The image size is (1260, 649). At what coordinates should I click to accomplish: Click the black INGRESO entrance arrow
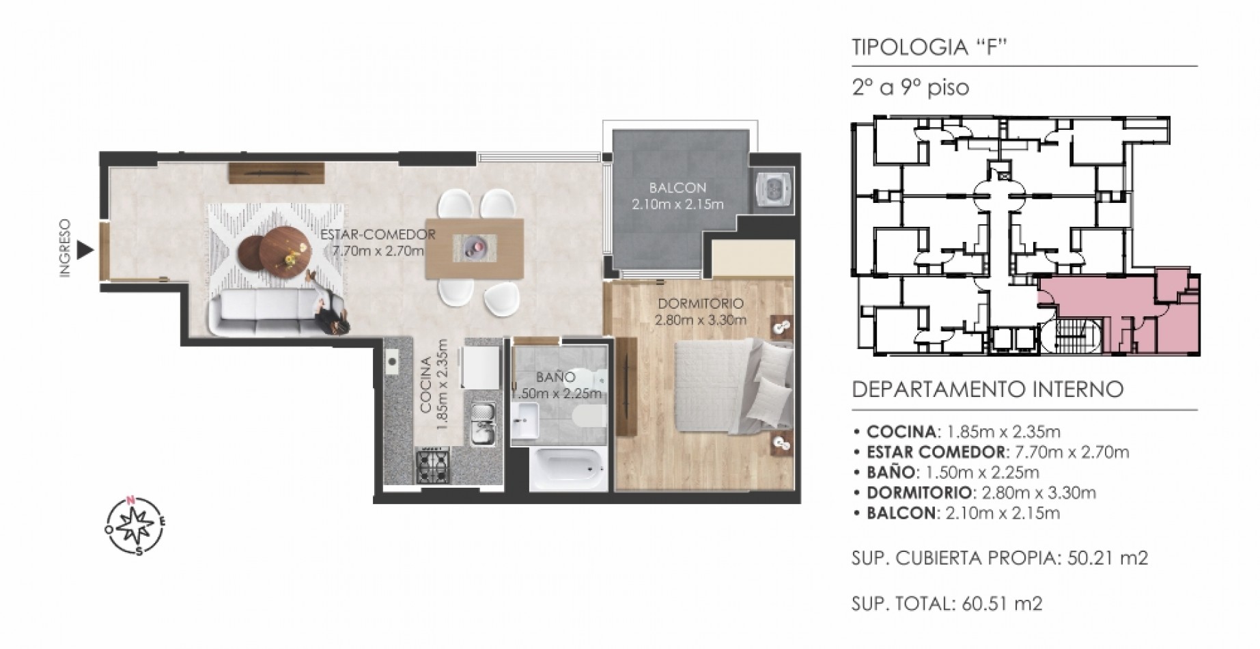(x=84, y=250)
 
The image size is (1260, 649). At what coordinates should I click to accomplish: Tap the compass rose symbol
(x=135, y=526)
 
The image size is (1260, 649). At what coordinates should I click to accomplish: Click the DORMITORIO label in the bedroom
(x=700, y=304)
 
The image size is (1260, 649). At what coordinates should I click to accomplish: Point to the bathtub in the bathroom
(x=568, y=468)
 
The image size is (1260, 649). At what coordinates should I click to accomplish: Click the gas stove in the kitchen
(x=433, y=466)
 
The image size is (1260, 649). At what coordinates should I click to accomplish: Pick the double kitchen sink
(x=484, y=423)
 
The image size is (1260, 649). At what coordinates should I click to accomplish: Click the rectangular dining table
(x=475, y=247)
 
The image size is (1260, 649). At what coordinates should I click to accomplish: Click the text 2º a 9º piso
(x=910, y=88)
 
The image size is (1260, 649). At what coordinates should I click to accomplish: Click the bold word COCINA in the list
(x=901, y=432)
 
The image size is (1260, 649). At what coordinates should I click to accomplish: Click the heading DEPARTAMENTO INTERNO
(x=988, y=390)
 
